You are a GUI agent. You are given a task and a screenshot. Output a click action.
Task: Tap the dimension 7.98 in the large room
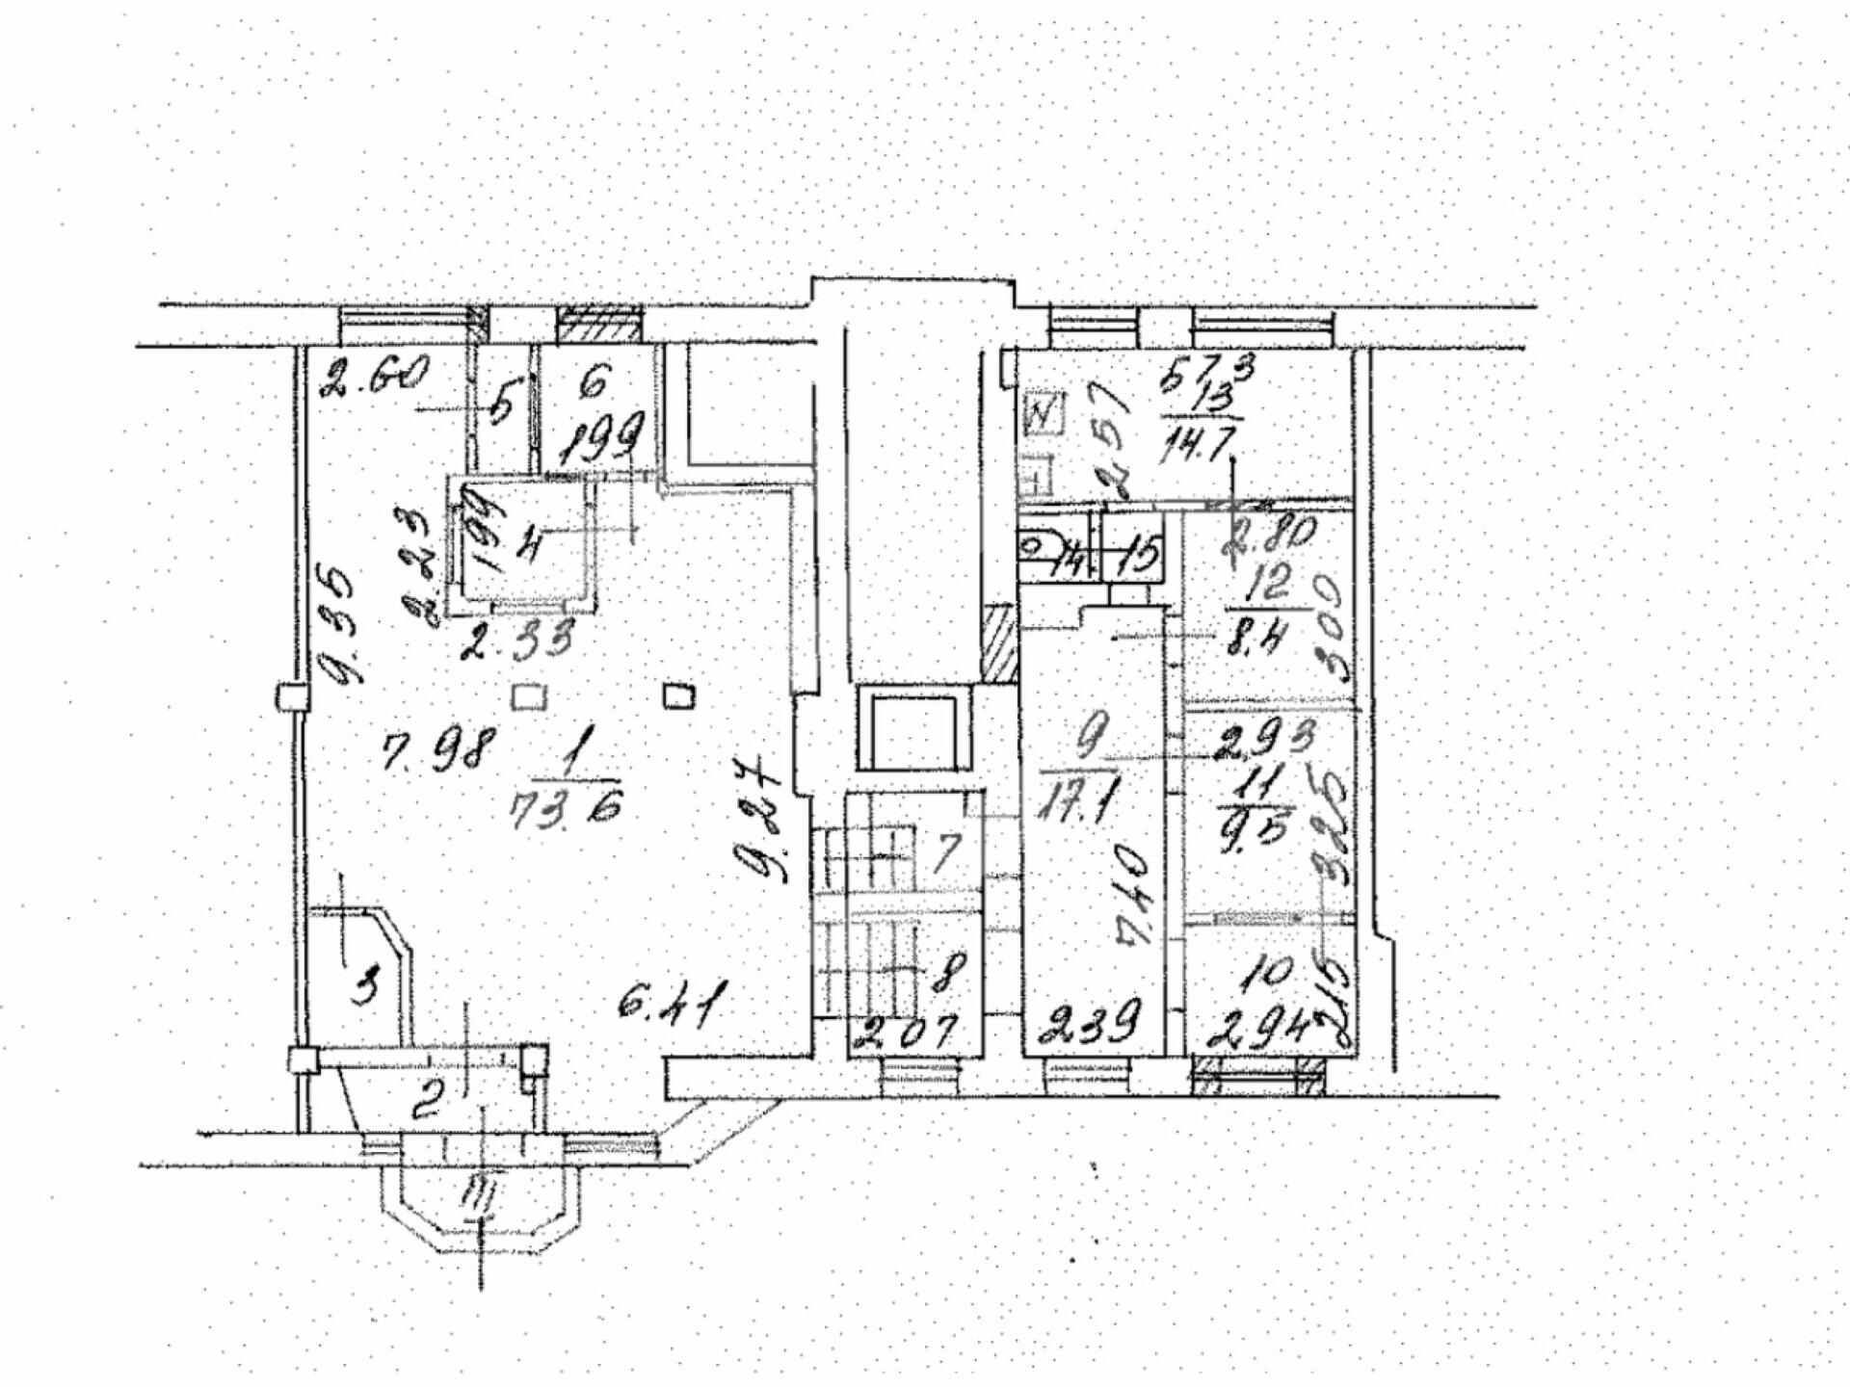coord(438,748)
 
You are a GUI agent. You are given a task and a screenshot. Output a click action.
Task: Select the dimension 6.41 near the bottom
coord(672,1006)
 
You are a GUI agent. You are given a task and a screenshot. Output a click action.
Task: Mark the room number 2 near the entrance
coord(428,1099)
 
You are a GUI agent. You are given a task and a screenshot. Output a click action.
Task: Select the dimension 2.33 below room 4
coord(516,639)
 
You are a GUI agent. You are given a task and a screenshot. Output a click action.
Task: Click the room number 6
coord(595,383)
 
